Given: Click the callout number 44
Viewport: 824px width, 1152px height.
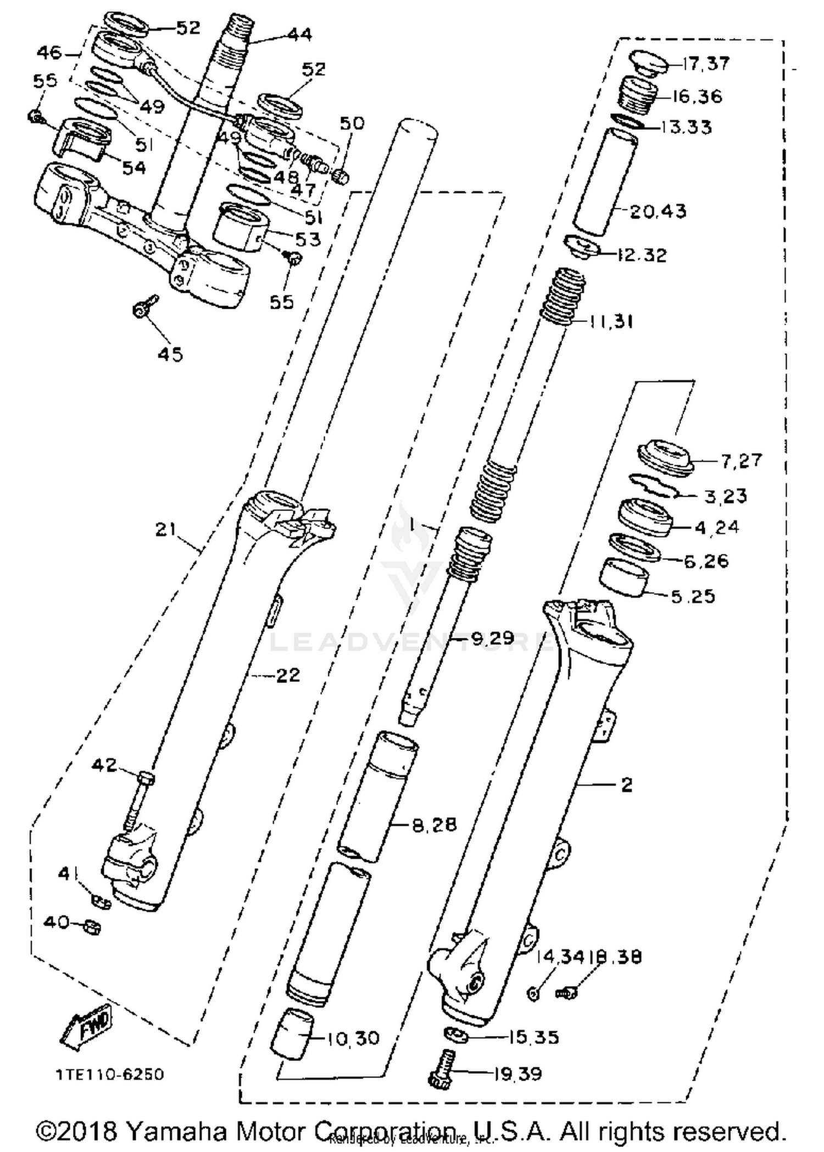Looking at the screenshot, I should point(299,35).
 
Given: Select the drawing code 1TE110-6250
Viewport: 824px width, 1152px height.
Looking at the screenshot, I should point(109,1074).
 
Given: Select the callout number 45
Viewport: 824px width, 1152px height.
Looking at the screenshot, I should point(169,354).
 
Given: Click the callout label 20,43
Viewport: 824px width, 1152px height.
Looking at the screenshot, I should point(658,210).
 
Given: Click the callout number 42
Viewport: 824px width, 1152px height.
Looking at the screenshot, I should point(104,765).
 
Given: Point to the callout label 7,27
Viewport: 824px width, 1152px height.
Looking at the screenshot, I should point(742,460).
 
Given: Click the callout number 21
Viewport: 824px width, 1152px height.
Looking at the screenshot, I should point(166,530).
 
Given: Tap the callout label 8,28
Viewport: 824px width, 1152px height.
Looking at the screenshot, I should point(434,825).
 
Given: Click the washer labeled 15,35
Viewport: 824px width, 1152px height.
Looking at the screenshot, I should point(455,1035).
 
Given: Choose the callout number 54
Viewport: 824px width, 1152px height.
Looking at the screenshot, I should point(134,168).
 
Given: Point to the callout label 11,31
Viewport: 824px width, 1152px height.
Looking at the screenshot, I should point(611,321).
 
